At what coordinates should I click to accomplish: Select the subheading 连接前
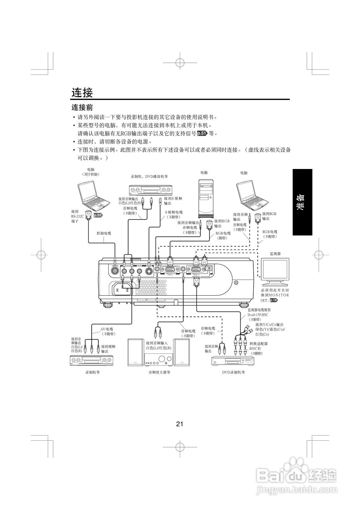82,108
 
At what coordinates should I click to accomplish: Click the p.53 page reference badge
98,215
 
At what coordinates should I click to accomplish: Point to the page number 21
180,424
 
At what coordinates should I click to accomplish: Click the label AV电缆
106,329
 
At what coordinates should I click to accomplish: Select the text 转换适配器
258,343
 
